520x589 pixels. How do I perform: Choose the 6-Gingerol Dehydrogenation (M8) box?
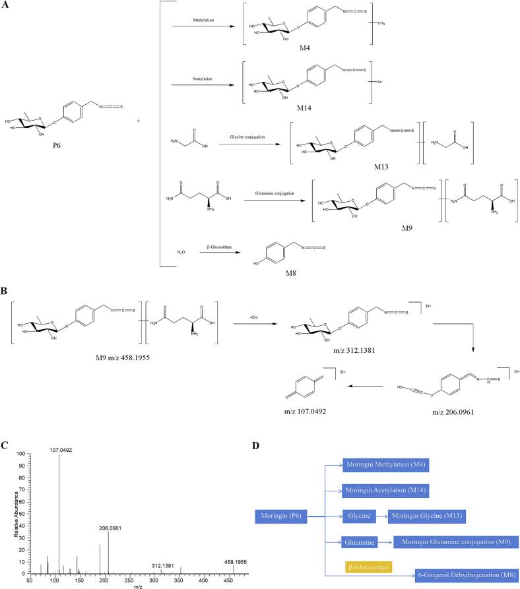tap(467, 573)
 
